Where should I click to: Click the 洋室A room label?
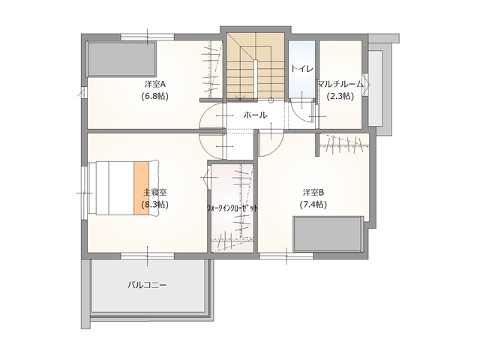pos(155,84)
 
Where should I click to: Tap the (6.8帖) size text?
pos(155,96)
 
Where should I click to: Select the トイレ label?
pos(301,68)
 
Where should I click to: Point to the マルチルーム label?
pos(340,84)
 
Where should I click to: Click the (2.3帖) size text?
pos(340,96)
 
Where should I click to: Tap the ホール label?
pos(255,115)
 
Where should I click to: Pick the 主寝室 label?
pos(155,192)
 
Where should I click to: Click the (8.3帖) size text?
pos(155,204)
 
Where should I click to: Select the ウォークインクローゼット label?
pos(232,208)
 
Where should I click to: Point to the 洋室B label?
pos(313,192)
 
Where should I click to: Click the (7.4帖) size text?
pos(313,204)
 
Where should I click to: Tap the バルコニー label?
pos(147,285)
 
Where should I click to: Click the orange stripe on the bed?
pos(141,188)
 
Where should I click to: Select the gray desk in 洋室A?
pos(121,58)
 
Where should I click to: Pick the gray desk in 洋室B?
pos(328,234)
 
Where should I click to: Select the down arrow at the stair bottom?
pos(240,97)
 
